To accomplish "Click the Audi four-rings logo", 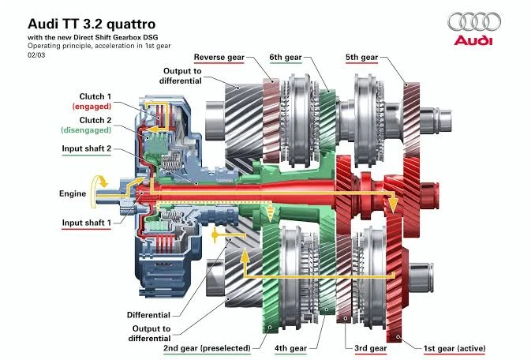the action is tap(474, 21).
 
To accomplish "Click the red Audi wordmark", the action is tap(473, 40).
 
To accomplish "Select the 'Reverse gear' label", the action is tap(219, 58).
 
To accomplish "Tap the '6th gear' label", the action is tap(286, 58).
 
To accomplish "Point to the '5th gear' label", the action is tap(361, 58).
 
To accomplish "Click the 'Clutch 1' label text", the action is tap(95, 96).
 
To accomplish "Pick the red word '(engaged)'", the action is tap(92, 107).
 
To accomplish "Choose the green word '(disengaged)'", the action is tap(86, 130).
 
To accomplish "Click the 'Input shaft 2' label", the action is tap(86, 148).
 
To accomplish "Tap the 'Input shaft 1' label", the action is tap(86, 223).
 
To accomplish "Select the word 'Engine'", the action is tap(73, 193).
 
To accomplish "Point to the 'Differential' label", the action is tap(148, 315).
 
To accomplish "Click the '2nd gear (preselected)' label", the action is tap(207, 348).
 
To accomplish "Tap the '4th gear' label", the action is tap(290, 348).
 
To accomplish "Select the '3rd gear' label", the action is tap(371, 348).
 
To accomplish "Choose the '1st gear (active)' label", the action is tap(454, 348).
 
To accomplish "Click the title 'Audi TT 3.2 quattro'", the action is tap(92, 24).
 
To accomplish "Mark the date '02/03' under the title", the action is tap(36, 55).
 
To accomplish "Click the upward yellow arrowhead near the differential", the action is tap(245, 255).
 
